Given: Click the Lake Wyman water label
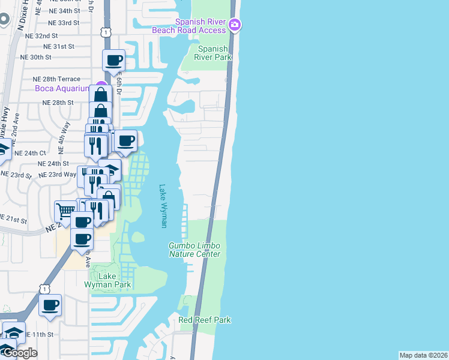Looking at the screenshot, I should point(163,206).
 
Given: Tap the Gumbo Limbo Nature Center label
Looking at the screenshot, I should point(194,250).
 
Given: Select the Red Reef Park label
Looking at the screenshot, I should point(205,320).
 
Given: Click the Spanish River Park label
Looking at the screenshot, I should point(214,53).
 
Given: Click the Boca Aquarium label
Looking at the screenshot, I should point(62,88).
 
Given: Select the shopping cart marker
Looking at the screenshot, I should point(65,211).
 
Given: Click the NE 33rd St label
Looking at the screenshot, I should point(64,23).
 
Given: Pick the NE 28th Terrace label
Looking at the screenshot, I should point(56,79).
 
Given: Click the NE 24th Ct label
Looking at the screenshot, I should point(30,153).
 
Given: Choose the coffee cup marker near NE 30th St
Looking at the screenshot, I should point(114,60).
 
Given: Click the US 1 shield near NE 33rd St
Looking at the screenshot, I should point(106,32).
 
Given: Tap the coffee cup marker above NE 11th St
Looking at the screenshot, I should point(50,304).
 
